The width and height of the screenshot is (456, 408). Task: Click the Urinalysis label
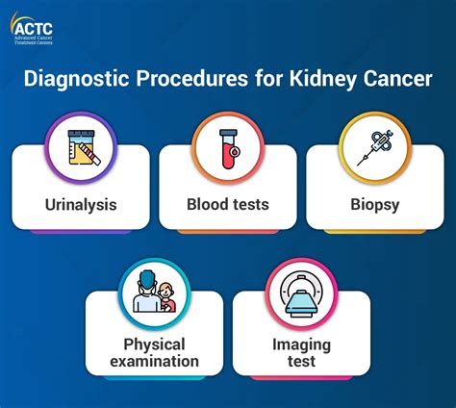(x=81, y=204)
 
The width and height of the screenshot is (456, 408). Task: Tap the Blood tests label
(x=228, y=204)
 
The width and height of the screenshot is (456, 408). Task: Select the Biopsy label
(x=374, y=204)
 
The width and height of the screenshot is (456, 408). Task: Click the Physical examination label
(x=154, y=352)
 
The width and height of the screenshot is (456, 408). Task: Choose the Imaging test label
(x=301, y=352)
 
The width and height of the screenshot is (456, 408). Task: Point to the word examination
(x=154, y=362)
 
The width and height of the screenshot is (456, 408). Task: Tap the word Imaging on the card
(x=301, y=344)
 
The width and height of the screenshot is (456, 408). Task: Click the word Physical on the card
(x=154, y=344)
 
